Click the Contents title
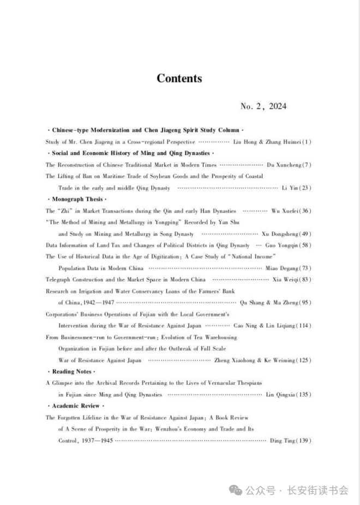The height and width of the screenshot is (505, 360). tap(179, 79)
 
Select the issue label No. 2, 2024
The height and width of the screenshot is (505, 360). tap(263, 106)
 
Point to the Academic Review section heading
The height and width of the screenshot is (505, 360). tap(76, 406)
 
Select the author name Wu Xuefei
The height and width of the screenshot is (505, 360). tap(284, 211)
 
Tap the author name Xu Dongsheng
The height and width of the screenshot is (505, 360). tap(280, 234)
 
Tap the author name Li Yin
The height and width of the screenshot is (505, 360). tap(289, 188)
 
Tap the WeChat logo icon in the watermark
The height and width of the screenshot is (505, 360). tap(236, 490)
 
